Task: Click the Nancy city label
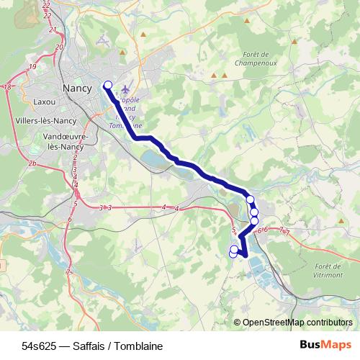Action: pyautogui.click(x=77, y=88)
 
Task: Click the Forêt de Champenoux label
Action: pyautogui.click(x=251, y=58)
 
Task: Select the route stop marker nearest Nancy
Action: pyautogui.click(x=108, y=85)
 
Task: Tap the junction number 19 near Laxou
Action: pyautogui.click(x=33, y=67)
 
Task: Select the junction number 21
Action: pyautogui.click(x=53, y=30)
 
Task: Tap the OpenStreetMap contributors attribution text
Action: pyautogui.click(x=297, y=323)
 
